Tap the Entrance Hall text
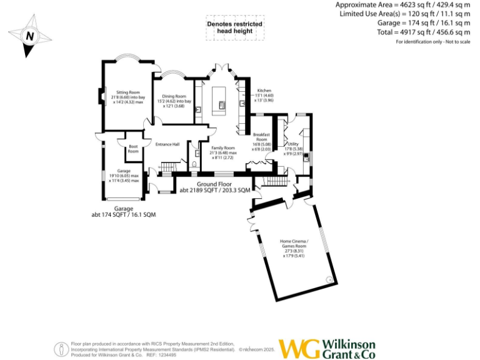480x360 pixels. (167, 144)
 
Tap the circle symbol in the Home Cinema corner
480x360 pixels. (329, 280)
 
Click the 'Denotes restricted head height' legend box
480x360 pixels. (235, 27)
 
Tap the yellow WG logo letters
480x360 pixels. (298, 349)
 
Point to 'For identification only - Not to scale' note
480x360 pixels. (432, 42)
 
